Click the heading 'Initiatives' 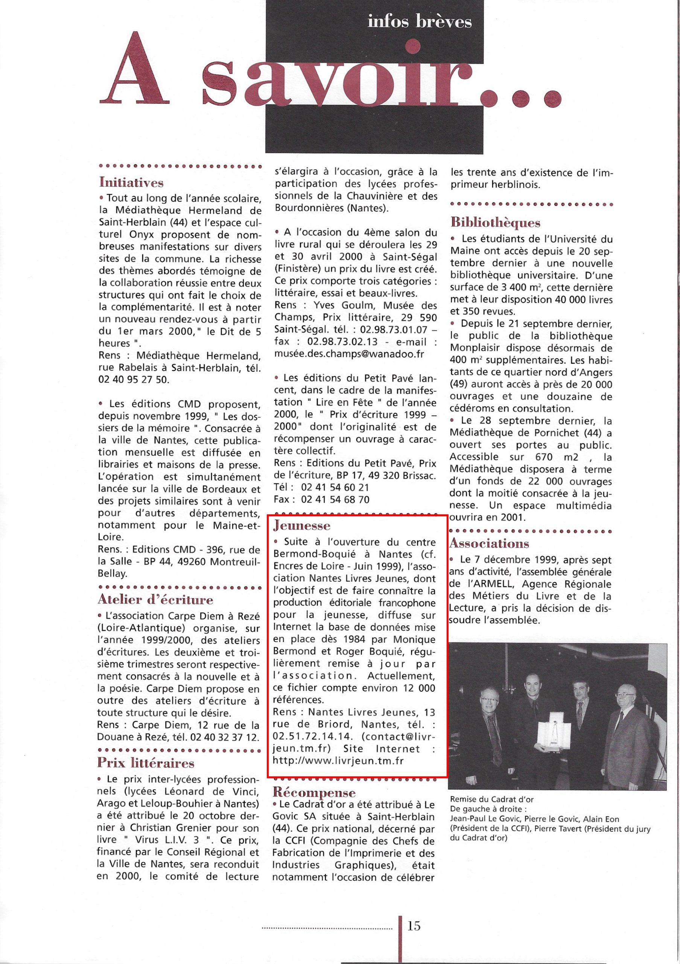131,182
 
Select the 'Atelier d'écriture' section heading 155,599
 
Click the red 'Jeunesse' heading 302,525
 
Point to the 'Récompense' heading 314,793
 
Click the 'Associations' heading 489,543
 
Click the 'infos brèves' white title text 420,22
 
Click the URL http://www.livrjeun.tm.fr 338,761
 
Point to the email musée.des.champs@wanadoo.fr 349,354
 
